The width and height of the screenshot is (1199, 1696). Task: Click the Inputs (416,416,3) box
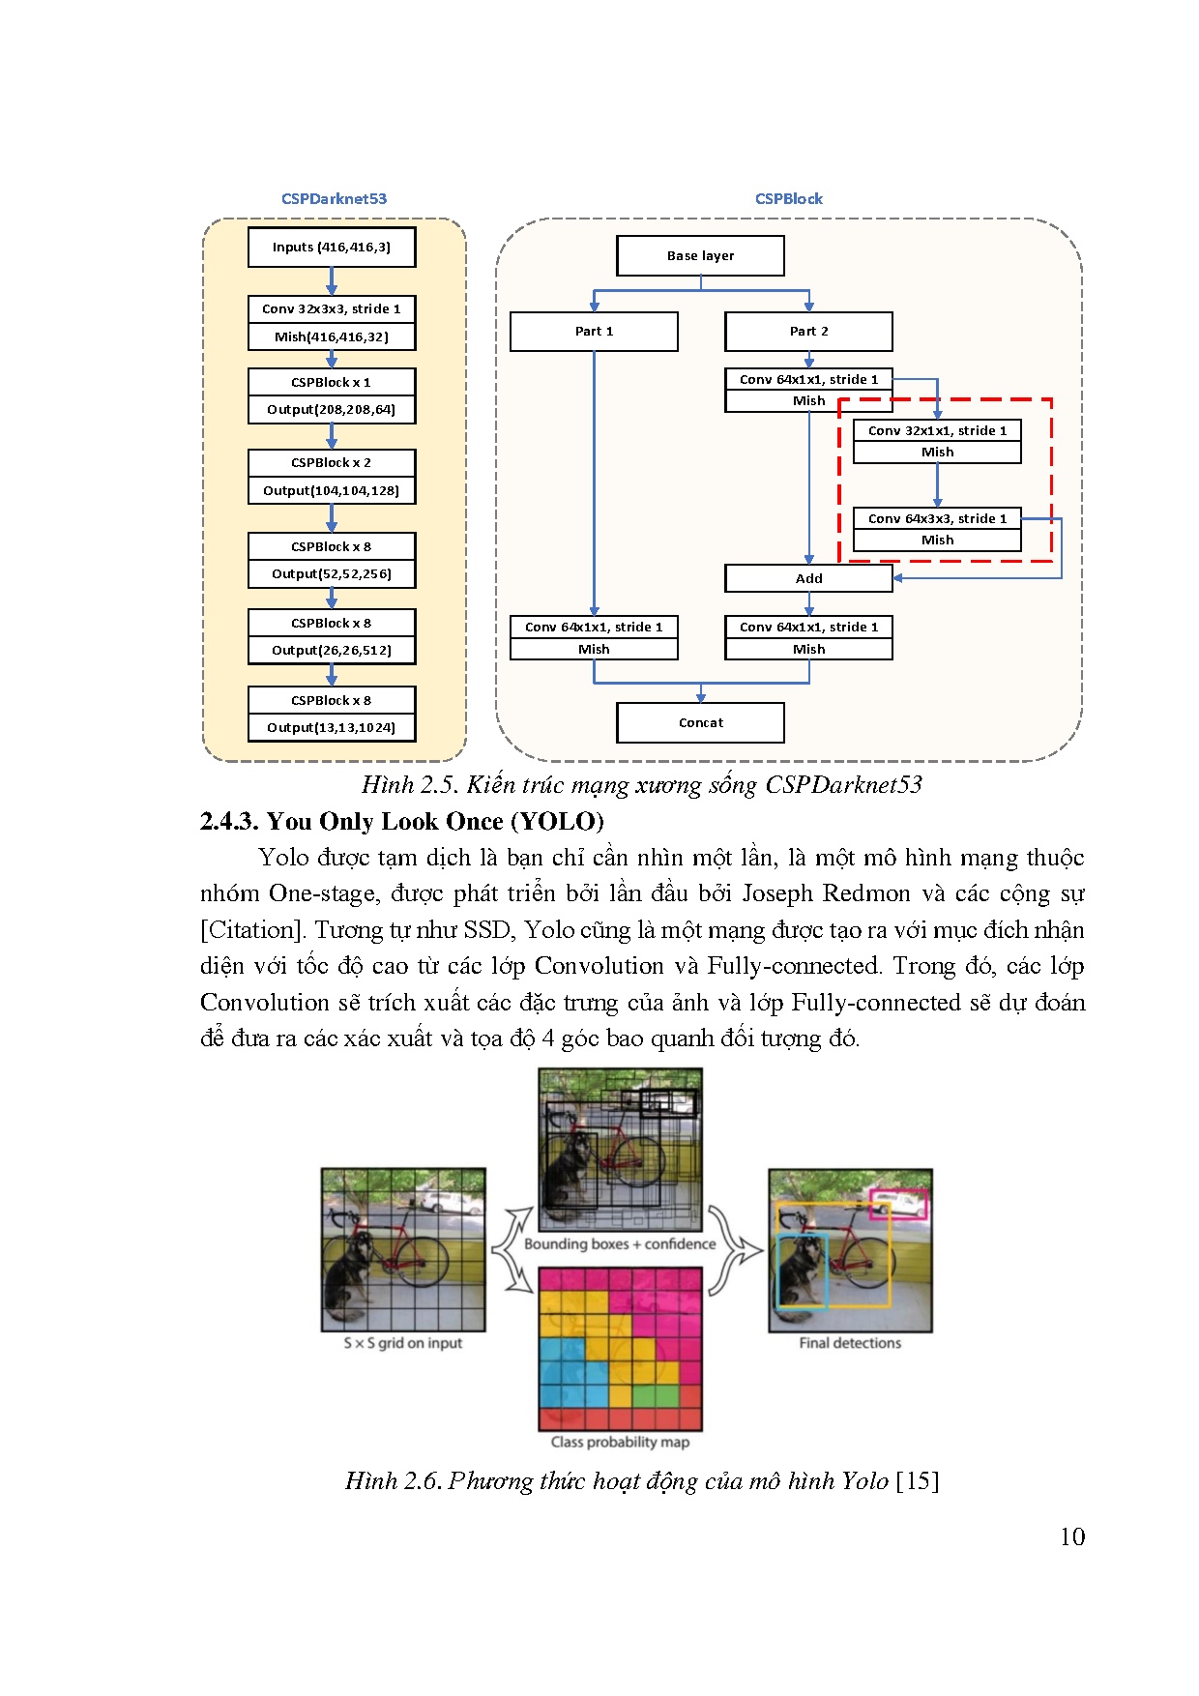point(332,247)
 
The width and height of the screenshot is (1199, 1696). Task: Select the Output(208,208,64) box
point(332,410)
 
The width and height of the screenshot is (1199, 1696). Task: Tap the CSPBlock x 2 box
point(332,463)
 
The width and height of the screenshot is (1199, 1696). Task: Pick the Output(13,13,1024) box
point(332,728)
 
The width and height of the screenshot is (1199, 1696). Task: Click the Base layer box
point(700,256)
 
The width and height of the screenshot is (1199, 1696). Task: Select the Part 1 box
point(594,332)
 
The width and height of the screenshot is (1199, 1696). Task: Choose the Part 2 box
point(808,332)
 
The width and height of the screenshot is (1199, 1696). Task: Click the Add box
point(808,578)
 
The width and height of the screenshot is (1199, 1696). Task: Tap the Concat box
point(700,723)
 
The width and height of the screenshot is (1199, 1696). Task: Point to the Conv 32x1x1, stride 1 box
point(937,431)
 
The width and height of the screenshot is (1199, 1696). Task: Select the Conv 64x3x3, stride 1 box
point(937,519)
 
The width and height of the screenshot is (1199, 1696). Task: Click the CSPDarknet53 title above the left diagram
point(334,199)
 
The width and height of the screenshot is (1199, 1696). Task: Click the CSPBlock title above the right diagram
point(789,199)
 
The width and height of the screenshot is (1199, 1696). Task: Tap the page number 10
point(1072,1537)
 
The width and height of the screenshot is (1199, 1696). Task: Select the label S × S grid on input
point(403,1343)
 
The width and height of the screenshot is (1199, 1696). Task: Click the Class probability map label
point(620,1442)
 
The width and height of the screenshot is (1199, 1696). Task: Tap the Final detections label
point(850,1343)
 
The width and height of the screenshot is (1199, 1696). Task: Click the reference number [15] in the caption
point(918,1481)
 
